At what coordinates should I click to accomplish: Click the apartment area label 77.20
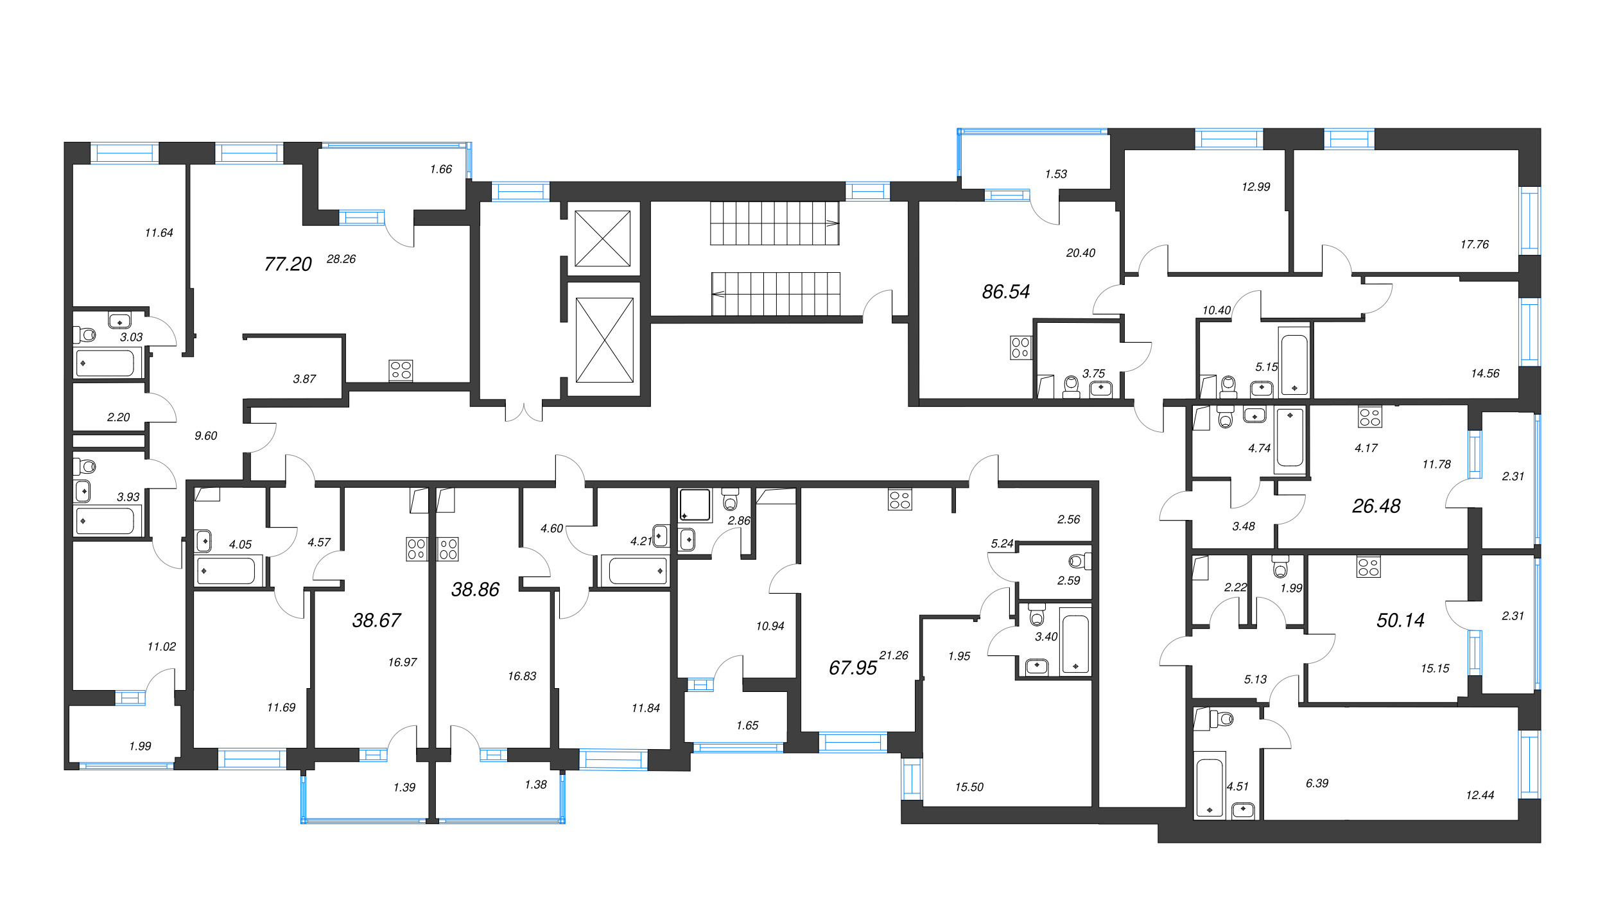[288, 264]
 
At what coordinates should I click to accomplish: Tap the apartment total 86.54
[1005, 291]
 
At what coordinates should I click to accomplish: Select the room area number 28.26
[341, 259]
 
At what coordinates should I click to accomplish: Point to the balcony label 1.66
[441, 169]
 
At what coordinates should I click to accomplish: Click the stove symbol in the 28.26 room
[401, 370]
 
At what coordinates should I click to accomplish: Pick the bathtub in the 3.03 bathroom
[105, 363]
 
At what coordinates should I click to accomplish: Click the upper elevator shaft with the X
[602, 238]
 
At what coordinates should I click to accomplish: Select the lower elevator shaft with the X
[604, 340]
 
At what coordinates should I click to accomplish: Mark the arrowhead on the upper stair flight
[832, 223]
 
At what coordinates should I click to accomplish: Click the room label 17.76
[1474, 244]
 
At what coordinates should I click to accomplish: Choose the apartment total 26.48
[1376, 506]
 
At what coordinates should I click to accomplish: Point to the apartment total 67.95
[853, 668]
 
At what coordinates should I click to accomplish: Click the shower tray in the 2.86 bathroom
[695, 505]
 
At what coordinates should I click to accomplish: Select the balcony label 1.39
[404, 787]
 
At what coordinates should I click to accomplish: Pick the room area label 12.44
[1480, 795]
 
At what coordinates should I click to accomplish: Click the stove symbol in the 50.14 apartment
[1368, 567]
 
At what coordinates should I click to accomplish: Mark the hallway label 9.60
[205, 435]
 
